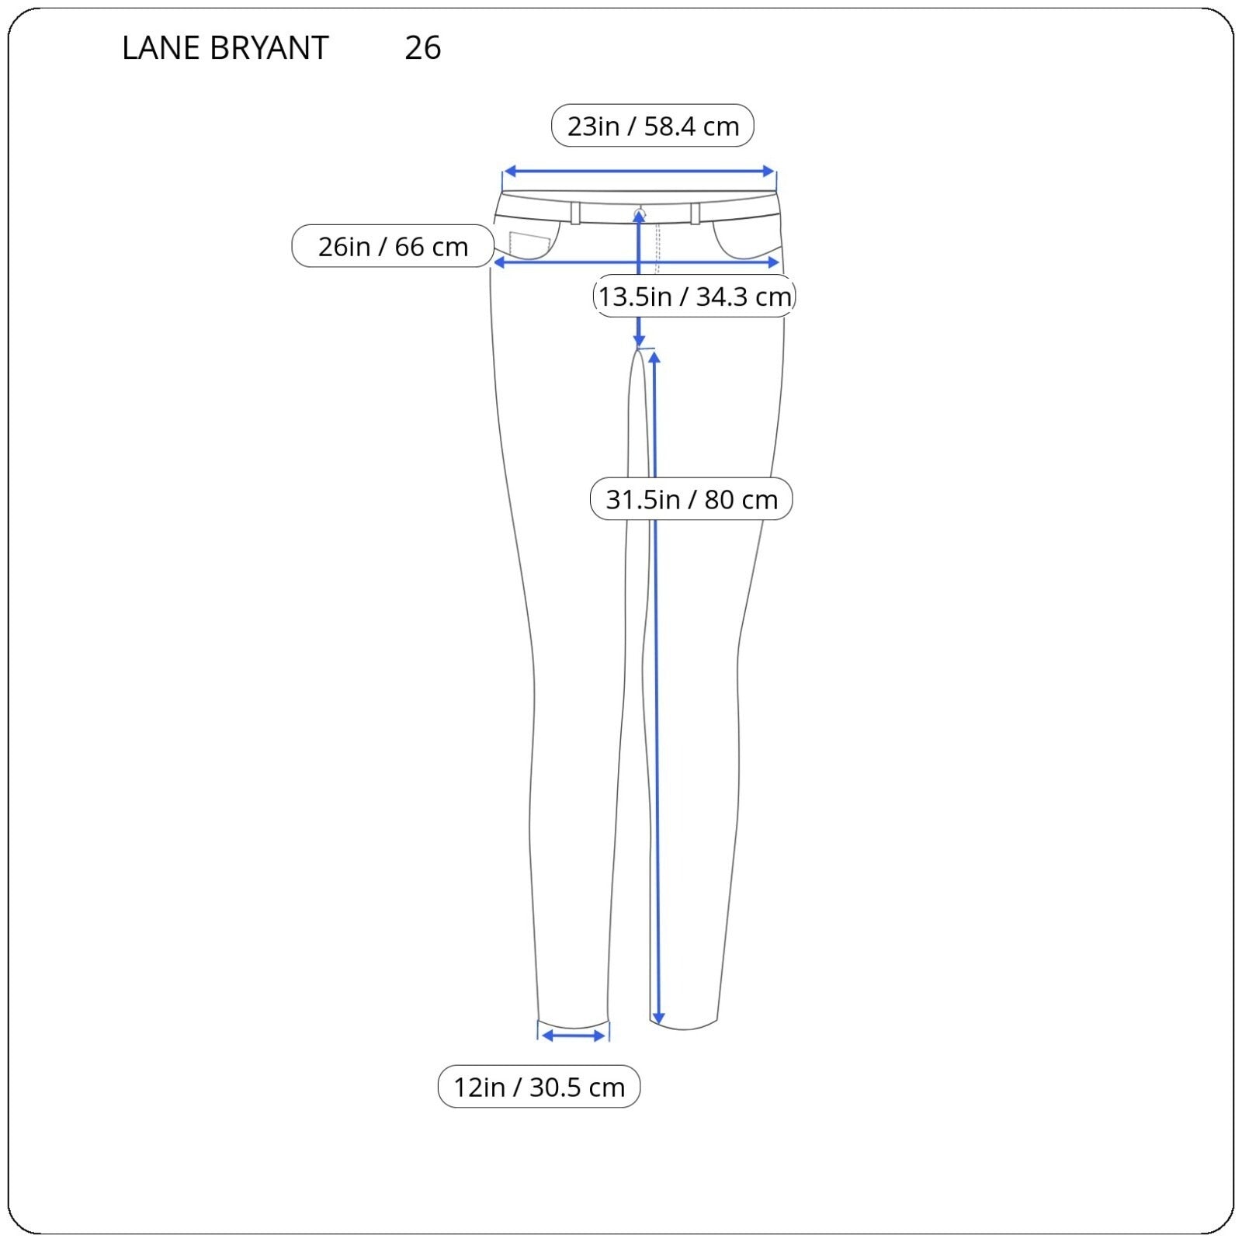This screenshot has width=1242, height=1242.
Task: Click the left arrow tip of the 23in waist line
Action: click(x=504, y=172)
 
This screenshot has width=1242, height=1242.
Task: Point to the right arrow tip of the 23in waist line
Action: click(x=775, y=172)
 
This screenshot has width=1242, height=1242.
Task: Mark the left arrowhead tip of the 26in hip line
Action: click(x=494, y=262)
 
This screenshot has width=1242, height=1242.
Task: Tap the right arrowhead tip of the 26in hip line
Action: click(x=779, y=262)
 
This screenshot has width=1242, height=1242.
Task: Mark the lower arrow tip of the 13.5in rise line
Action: click(x=639, y=347)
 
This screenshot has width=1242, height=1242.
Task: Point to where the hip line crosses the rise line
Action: click(x=639, y=262)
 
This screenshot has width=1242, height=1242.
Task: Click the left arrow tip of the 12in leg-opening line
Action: click(x=542, y=1036)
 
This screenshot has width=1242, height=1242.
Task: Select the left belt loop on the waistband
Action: click(x=575, y=213)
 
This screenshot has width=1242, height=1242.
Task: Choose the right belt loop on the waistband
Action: click(x=695, y=213)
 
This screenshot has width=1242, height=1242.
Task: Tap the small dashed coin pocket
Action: click(x=529, y=245)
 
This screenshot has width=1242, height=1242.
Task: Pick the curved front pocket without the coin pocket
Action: click(x=746, y=240)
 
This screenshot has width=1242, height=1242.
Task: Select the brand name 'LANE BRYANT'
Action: click(x=225, y=48)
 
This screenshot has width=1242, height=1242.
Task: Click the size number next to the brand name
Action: click(x=423, y=48)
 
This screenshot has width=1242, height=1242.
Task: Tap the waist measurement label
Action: click(x=653, y=126)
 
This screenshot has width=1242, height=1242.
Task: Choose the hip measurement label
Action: click(x=393, y=246)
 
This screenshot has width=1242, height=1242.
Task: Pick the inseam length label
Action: click(x=692, y=499)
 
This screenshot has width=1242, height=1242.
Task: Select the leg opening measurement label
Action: click(x=539, y=1087)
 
